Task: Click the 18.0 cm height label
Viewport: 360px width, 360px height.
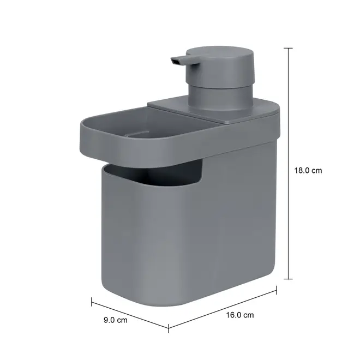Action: coord(308,171)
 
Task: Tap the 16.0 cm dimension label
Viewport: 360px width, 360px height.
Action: coord(240,315)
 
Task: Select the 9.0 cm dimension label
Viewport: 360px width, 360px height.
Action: coord(115,320)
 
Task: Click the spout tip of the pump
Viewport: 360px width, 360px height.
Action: coord(174,61)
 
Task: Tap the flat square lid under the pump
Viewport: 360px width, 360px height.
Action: coord(213,111)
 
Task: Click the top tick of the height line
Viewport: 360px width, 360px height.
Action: coord(288,48)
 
